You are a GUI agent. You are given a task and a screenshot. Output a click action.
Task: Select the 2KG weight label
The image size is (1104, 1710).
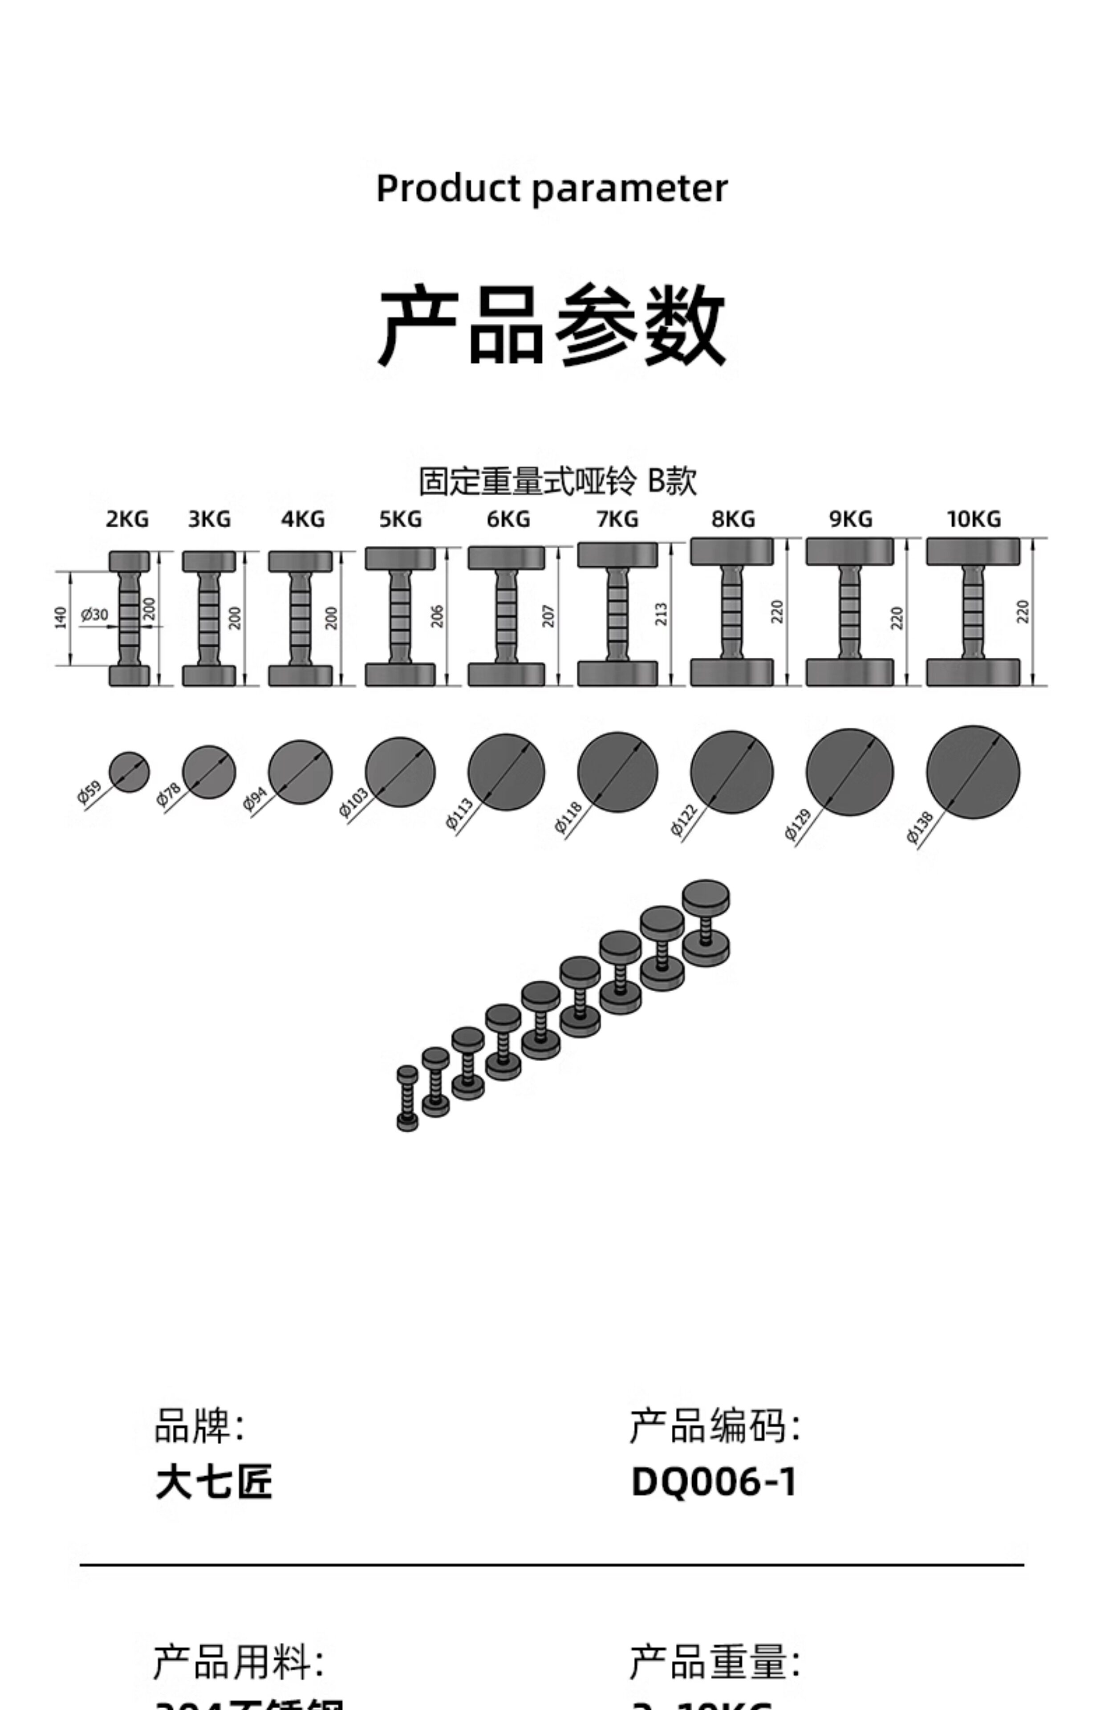pos(128,519)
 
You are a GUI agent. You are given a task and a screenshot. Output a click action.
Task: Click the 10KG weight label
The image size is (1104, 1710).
pos(974,519)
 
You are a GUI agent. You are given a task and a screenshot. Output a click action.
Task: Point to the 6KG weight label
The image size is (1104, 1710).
pos(508,519)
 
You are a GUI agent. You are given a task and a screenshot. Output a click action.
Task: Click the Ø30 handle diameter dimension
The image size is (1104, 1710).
pos(94,615)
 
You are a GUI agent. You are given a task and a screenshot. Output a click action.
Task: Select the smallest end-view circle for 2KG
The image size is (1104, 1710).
pos(129,772)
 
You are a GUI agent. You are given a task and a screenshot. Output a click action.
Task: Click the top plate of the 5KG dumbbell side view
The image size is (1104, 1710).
pos(400,558)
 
